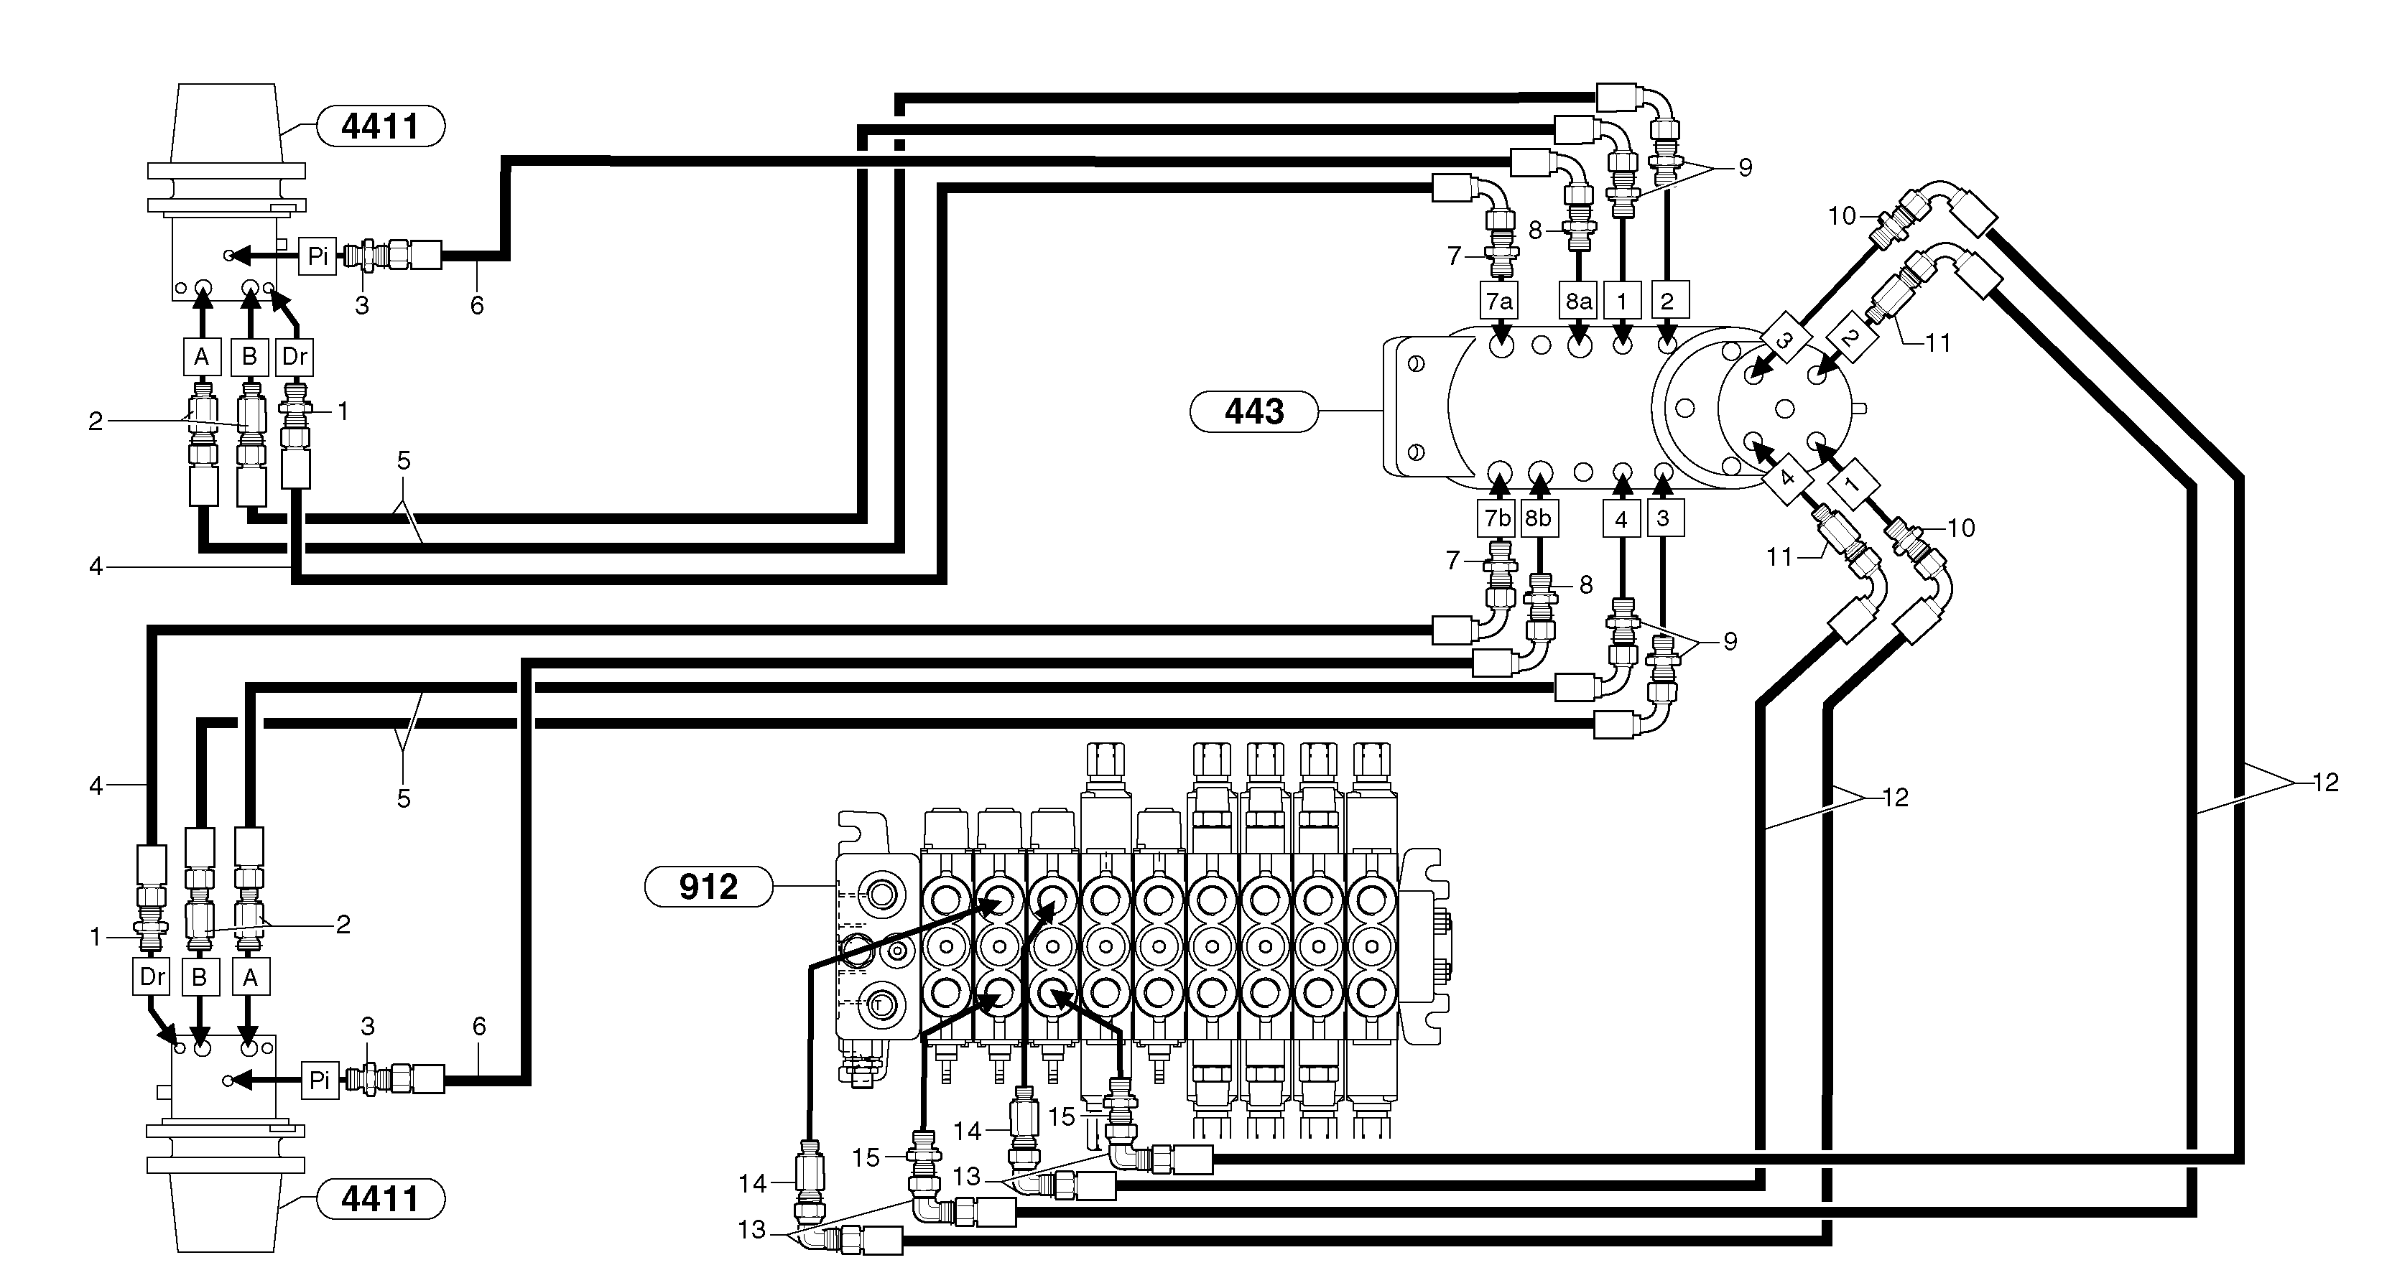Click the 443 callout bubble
(x=1253, y=411)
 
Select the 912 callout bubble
(x=708, y=887)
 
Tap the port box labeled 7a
(x=1499, y=301)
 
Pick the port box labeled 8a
(x=1578, y=301)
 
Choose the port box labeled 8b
(x=1538, y=518)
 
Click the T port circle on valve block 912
(x=876, y=1002)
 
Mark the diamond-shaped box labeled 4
(x=1787, y=478)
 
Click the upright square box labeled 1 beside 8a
(x=1621, y=301)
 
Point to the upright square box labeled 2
(x=1667, y=301)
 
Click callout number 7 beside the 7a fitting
(x=1454, y=256)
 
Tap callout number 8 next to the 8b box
(x=1585, y=584)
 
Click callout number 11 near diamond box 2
(x=1937, y=342)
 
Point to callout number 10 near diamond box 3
(x=1841, y=216)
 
